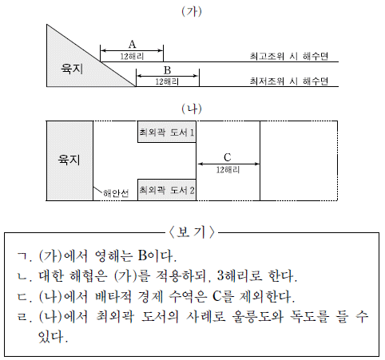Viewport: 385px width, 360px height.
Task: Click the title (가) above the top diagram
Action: tap(192, 11)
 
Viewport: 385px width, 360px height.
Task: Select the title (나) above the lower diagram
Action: tap(192, 109)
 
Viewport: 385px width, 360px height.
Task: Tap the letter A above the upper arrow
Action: tap(132, 44)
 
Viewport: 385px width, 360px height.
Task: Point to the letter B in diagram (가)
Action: tap(167, 70)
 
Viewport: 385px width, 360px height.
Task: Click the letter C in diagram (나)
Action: tap(228, 157)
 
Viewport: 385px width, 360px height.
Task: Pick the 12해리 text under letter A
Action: tap(132, 57)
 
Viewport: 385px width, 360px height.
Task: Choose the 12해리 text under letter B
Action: tap(167, 81)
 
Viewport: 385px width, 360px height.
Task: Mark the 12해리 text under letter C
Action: tap(228, 170)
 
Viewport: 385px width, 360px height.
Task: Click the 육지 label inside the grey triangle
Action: tap(72, 69)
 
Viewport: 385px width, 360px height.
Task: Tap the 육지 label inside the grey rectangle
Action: tap(69, 160)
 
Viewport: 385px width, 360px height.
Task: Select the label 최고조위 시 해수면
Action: tap(289, 56)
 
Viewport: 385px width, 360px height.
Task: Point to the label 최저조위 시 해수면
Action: tap(289, 81)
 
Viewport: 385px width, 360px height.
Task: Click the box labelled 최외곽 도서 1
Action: tap(167, 132)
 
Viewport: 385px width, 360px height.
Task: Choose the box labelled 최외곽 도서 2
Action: tap(167, 190)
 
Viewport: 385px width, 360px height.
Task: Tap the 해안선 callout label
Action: tap(116, 193)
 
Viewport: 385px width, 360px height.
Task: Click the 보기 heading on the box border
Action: tap(192, 232)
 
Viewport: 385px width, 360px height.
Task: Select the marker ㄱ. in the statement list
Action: tap(24, 256)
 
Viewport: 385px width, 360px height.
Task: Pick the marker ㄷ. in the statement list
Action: tap(24, 297)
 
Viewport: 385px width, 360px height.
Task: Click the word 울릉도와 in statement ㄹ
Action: tap(258, 317)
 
